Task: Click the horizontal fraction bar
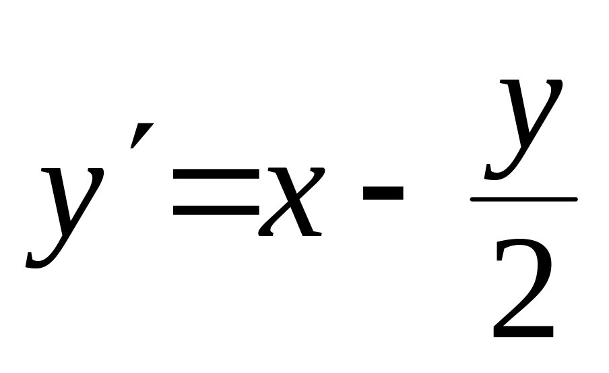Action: (x=523, y=200)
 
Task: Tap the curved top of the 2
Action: (x=523, y=248)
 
